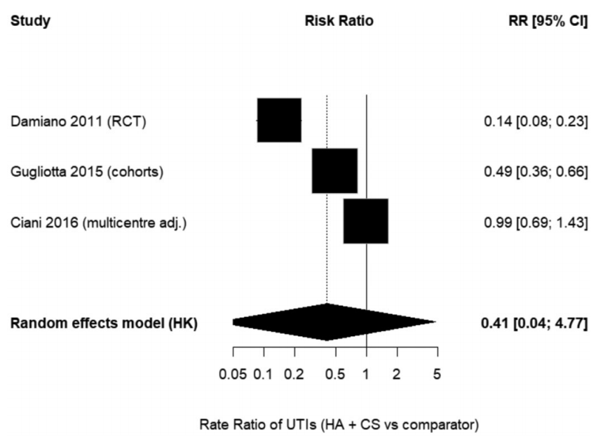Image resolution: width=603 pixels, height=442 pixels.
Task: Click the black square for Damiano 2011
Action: (x=279, y=120)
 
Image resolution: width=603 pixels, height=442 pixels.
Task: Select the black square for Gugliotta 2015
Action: (x=334, y=170)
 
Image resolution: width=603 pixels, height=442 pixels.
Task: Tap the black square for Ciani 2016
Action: (x=366, y=221)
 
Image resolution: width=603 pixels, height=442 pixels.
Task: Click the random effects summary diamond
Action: (x=334, y=322)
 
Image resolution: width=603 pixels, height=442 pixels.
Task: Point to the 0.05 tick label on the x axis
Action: (x=233, y=374)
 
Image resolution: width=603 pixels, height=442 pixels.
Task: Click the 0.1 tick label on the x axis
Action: (x=263, y=374)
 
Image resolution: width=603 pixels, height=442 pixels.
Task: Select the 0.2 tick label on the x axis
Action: (x=294, y=374)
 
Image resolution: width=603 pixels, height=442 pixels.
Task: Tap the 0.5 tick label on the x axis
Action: (x=335, y=374)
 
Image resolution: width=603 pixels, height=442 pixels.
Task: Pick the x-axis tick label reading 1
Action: (x=366, y=374)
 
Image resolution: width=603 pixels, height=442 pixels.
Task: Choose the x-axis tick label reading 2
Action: (x=396, y=374)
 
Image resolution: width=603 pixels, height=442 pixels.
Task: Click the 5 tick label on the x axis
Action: (x=437, y=374)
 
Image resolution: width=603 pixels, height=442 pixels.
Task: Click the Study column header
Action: (x=30, y=21)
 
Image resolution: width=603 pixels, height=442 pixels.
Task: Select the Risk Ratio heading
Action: (x=339, y=21)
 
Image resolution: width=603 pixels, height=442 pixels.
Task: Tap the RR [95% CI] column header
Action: (x=548, y=21)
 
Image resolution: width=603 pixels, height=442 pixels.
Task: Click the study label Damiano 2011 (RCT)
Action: (x=79, y=121)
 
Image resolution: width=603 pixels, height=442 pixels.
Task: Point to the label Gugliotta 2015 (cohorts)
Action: (x=87, y=172)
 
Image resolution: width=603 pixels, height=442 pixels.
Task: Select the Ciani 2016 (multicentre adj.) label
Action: (x=98, y=222)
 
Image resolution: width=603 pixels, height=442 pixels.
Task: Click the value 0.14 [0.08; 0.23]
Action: (x=536, y=121)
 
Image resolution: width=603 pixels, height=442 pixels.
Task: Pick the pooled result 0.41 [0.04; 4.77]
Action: (x=534, y=323)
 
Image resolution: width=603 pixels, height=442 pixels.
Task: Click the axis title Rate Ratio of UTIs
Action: (x=339, y=424)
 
